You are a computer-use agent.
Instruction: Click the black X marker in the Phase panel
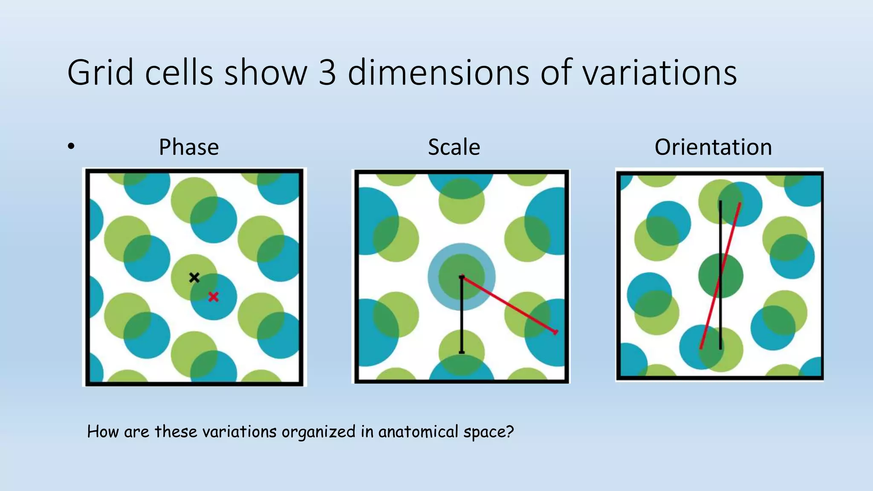[x=194, y=277]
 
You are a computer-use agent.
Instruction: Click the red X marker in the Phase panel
[x=213, y=297]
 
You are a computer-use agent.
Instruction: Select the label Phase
[x=189, y=147]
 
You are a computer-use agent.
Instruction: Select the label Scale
[x=454, y=147]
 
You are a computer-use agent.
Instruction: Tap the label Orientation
[x=713, y=147]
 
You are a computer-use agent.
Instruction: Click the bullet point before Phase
[x=71, y=147]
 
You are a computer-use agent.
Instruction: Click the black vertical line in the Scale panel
[x=462, y=315]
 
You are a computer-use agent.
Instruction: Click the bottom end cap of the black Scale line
[x=462, y=352]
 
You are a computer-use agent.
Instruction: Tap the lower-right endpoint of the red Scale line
[x=555, y=332]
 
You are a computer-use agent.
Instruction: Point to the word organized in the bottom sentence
[x=318, y=432]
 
